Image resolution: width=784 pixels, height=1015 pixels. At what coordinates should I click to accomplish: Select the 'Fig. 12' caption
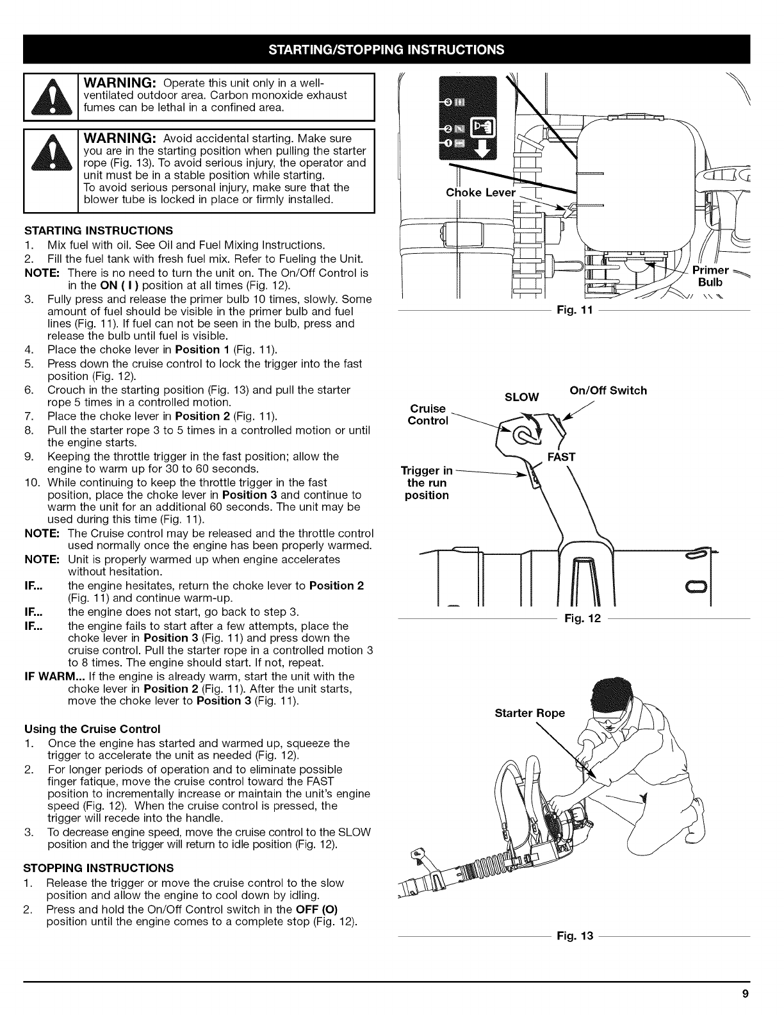coord(575,620)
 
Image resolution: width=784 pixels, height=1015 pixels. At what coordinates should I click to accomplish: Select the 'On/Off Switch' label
coord(608,390)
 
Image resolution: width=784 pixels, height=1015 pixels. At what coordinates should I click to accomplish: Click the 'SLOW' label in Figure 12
coord(522,397)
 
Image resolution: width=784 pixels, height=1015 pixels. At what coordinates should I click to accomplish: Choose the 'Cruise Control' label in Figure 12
coord(428,414)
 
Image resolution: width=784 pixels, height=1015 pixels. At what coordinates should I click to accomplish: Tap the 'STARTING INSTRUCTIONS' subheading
coord(98,230)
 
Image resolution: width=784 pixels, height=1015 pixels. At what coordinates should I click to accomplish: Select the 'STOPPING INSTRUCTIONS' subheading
coord(98,868)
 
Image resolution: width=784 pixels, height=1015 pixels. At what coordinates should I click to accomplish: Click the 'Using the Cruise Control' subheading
coord(92,729)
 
